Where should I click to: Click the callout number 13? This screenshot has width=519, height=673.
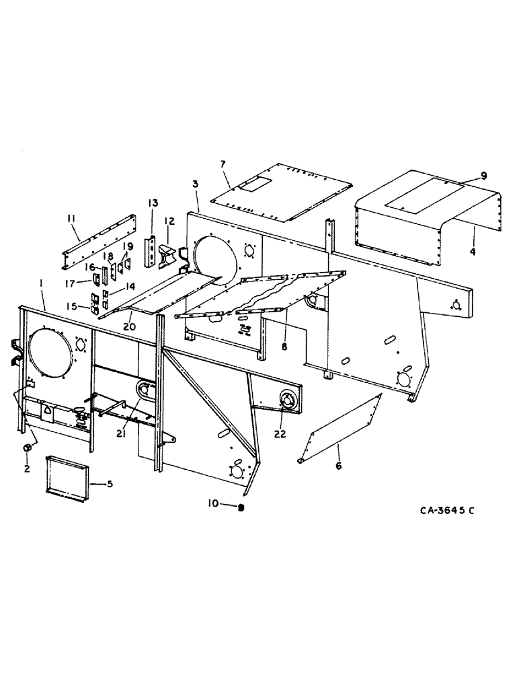[x=152, y=203]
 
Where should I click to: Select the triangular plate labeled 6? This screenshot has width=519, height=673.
[x=340, y=429]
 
